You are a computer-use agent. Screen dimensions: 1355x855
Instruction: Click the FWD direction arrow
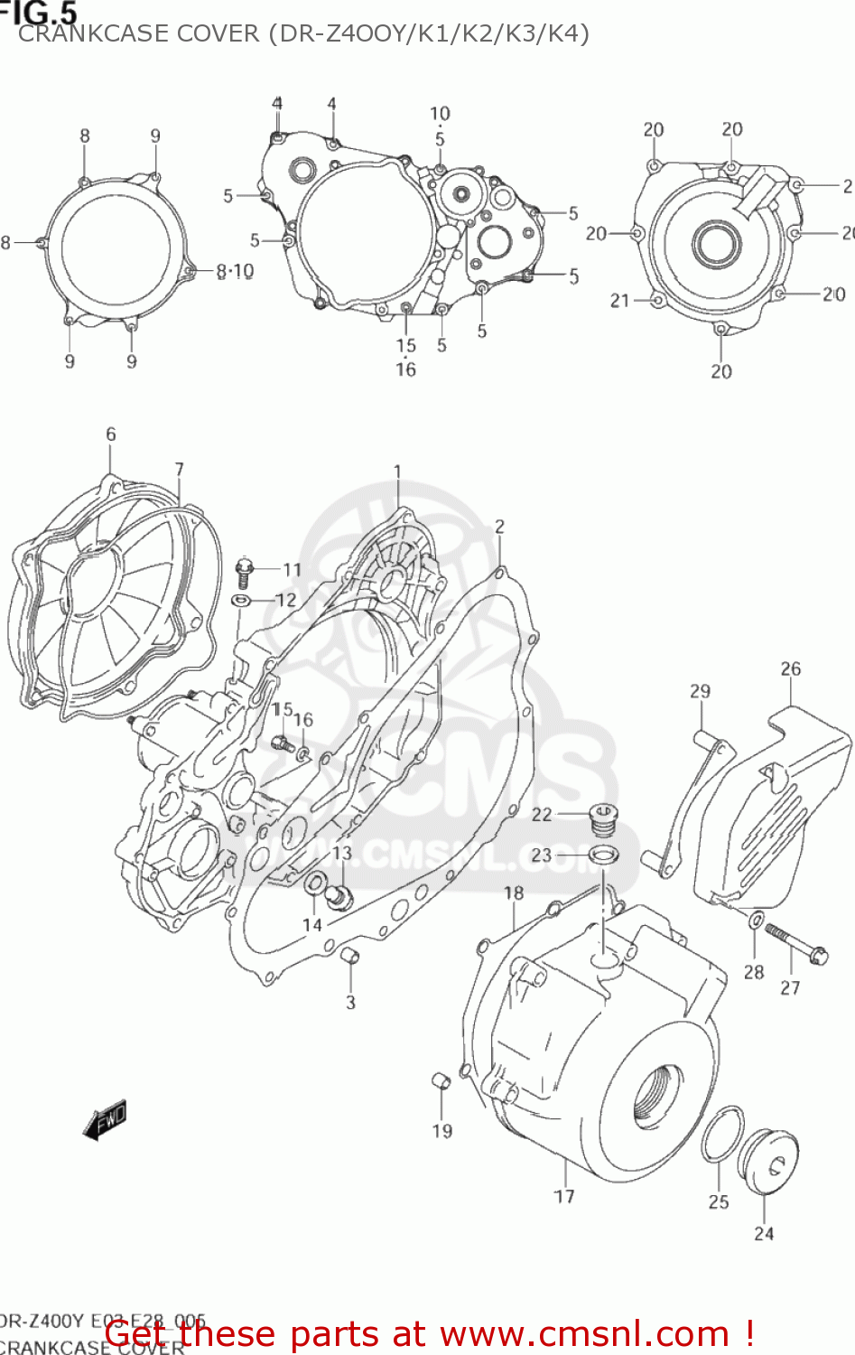pyautogui.click(x=104, y=1119)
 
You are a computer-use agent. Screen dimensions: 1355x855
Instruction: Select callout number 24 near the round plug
pyautogui.click(x=764, y=1233)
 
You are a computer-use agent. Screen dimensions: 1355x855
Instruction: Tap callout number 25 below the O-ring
pyautogui.click(x=719, y=1201)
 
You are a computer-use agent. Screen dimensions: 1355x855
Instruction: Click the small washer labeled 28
pyautogui.click(x=756, y=920)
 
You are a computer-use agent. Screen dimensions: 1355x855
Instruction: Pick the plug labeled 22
pyautogui.click(x=602, y=818)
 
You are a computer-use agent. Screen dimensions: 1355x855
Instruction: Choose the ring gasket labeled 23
pyautogui.click(x=603, y=855)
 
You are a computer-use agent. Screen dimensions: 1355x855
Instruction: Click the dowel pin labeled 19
pyautogui.click(x=441, y=1080)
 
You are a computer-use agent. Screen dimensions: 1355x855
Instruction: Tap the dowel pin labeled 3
pyautogui.click(x=350, y=958)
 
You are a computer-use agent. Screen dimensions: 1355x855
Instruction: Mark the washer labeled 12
pyautogui.click(x=241, y=601)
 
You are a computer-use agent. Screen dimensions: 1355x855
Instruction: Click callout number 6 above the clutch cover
pyautogui.click(x=111, y=435)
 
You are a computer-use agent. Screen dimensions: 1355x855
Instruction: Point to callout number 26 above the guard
pyautogui.click(x=790, y=669)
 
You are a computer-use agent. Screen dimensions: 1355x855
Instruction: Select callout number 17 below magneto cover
pyautogui.click(x=564, y=1196)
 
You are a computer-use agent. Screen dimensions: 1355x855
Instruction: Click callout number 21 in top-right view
pyautogui.click(x=619, y=301)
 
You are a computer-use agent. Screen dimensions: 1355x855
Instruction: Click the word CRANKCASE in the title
pyautogui.click(x=80, y=33)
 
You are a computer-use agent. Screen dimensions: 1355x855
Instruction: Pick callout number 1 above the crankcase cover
pyautogui.click(x=397, y=472)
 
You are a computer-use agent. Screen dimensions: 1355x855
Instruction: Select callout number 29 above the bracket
pyautogui.click(x=700, y=691)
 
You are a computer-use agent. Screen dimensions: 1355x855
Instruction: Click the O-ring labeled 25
pyautogui.click(x=722, y=1135)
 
